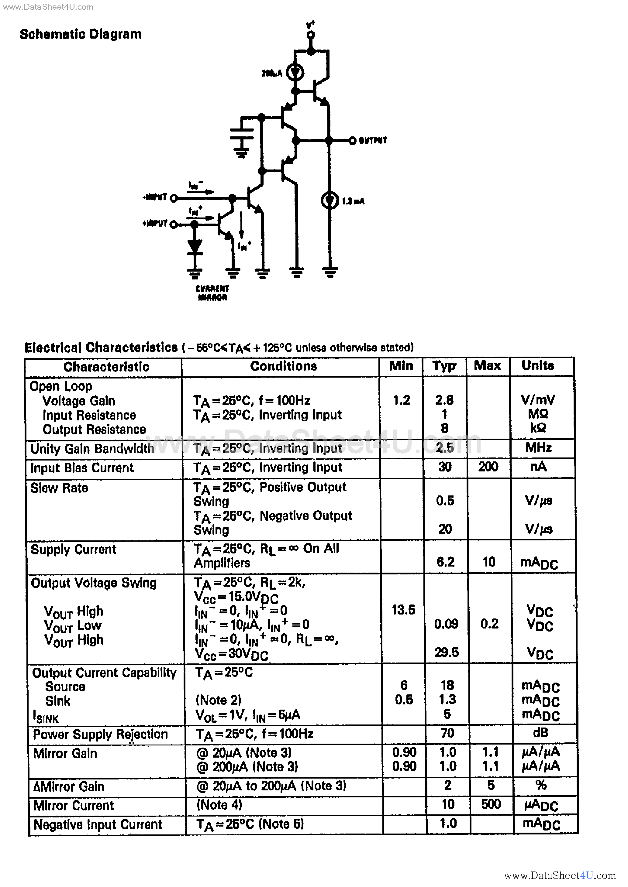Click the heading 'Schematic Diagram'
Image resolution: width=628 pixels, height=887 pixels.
[81, 34]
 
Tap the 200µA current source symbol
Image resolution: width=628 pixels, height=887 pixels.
[295, 72]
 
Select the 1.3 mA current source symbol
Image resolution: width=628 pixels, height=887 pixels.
[330, 200]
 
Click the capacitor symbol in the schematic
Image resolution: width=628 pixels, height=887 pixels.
[242, 134]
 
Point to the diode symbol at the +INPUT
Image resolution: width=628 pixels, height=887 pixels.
[195, 246]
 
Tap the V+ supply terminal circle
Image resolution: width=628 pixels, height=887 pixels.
[310, 35]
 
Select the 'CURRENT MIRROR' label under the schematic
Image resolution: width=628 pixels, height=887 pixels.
[212, 293]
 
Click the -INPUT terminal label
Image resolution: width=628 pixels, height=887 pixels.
[155, 197]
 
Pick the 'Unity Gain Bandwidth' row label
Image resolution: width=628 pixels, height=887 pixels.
[92, 449]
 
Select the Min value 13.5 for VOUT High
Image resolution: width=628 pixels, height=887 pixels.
[403, 610]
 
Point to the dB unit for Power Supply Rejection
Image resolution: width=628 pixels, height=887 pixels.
[540, 733]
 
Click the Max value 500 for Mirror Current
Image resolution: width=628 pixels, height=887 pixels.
[491, 804]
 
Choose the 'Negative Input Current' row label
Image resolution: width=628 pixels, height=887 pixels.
[98, 824]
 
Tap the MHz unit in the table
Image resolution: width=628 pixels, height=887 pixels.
[538, 447]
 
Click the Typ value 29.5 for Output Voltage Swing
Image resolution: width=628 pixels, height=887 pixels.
[446, 652]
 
